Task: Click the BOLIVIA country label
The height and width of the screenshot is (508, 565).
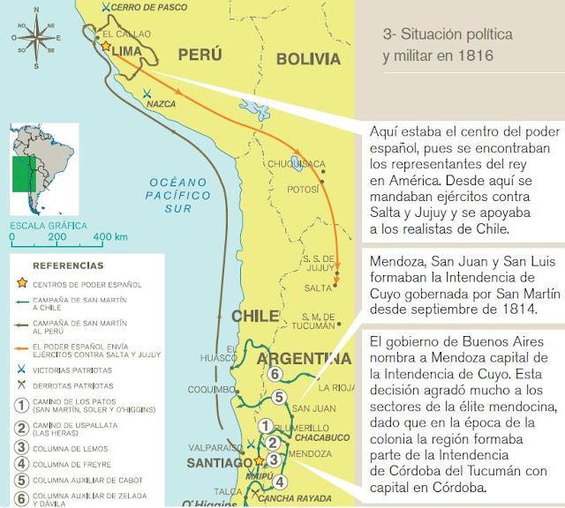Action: pyautogui.click(x=307, y=59)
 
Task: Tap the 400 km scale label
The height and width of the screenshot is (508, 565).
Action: pyautogui.click(x=110, y=238)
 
